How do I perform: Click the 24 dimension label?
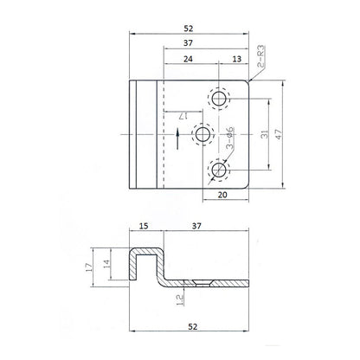(x=188, y=61)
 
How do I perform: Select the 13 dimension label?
(x=236, y=61)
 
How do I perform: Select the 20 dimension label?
(x=224, y=196)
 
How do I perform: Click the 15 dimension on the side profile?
(x=144, y=227)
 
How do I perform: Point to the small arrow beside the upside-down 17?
(x=177, y=134)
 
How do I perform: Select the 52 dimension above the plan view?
(x=190, y=25)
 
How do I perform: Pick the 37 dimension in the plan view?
(x=206, y=43)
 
